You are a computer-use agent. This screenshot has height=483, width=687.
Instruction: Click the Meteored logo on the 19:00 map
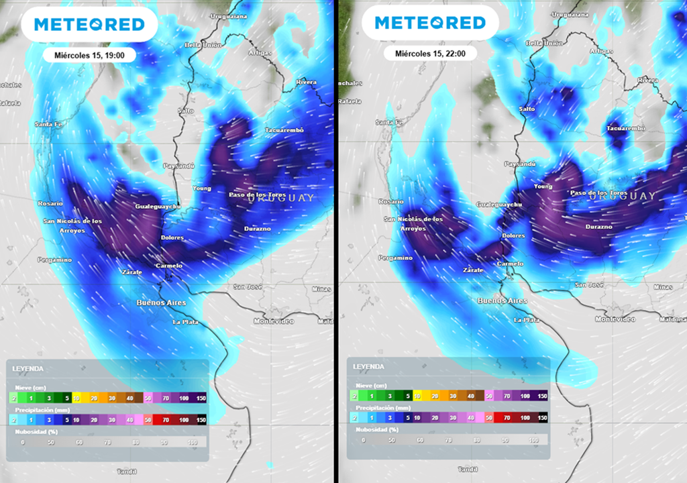click(89, 24)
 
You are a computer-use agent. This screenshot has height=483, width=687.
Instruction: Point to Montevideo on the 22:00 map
click(615, 319)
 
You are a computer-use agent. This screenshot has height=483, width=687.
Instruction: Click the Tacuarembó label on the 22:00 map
click(625, 127)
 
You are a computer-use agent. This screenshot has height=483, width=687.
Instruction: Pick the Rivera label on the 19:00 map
click(306, 82)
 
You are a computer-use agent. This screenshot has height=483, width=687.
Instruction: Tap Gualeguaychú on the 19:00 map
click(158, 207)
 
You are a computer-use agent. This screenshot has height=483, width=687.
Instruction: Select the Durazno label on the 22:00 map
click(598, 227)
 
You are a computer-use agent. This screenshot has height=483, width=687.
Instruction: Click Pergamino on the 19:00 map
click(54, 260)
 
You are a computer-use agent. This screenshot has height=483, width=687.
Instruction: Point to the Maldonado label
click(672, 319)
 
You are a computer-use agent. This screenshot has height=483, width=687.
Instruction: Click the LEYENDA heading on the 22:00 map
click(368, 367)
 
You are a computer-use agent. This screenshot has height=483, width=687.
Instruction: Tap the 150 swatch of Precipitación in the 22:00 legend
click(541, 417)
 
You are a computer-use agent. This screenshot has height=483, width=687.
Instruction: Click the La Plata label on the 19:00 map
click(186, 322)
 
